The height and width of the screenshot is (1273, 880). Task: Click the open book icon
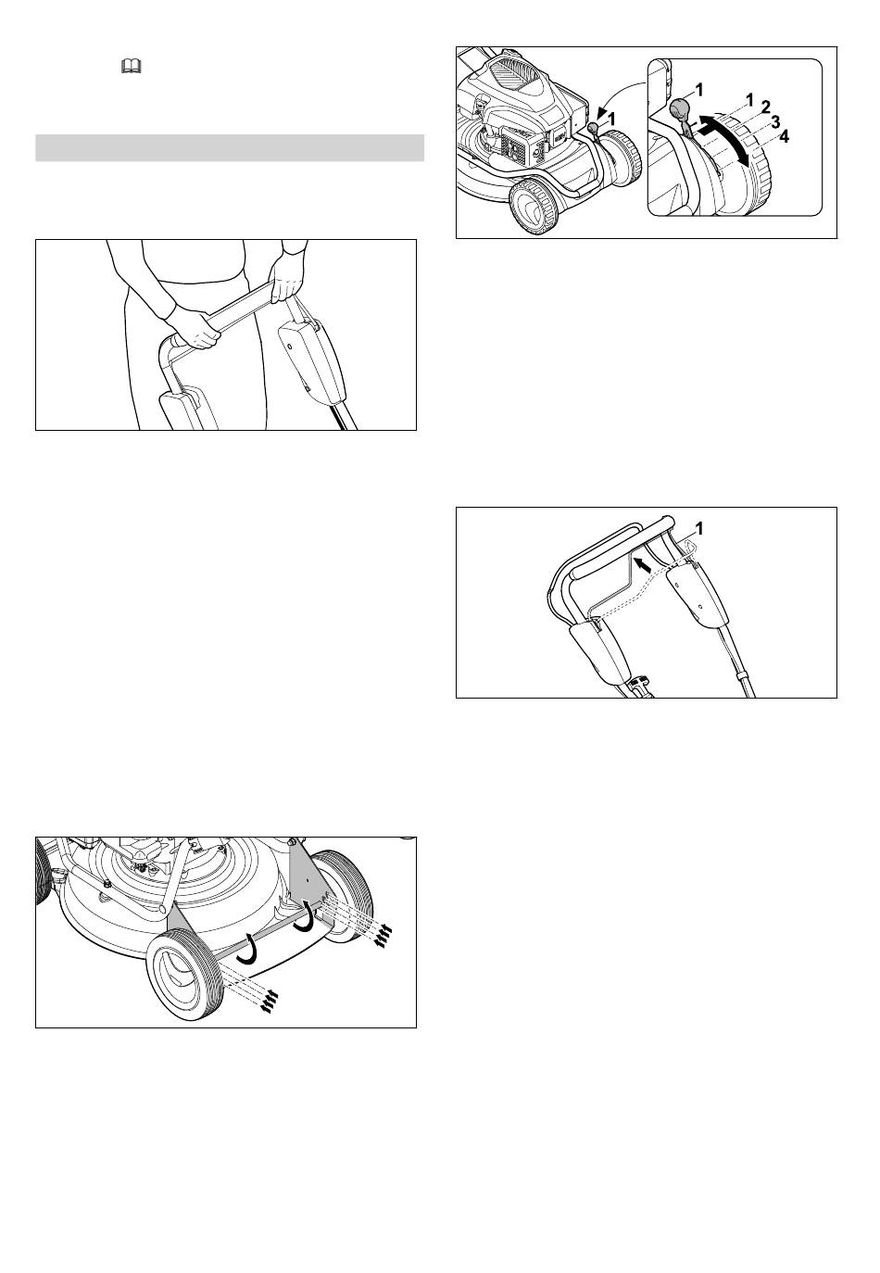pos(132,68)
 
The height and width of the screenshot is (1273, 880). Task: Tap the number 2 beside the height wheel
pos(766,107)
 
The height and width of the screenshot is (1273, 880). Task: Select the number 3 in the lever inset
pos(775,121)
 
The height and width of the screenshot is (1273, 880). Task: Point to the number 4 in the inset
pos(784,136)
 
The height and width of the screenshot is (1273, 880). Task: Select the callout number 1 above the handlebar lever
pos(700,528)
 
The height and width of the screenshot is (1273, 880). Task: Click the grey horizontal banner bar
pos(230,147)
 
